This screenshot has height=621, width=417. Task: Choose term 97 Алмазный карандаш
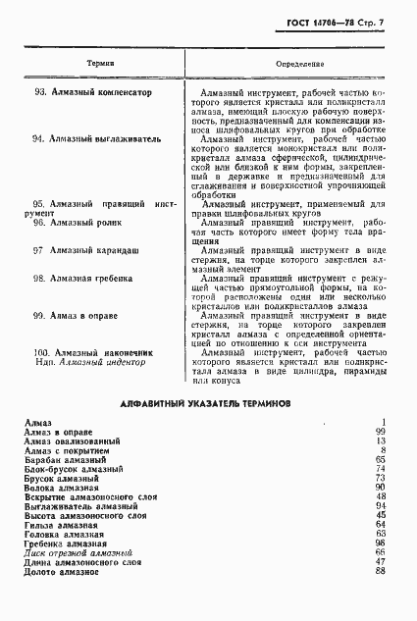point(86,250)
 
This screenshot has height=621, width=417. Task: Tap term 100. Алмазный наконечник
point(93,351)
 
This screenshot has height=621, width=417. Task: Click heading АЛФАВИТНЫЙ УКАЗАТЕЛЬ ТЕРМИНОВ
point(204,403)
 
